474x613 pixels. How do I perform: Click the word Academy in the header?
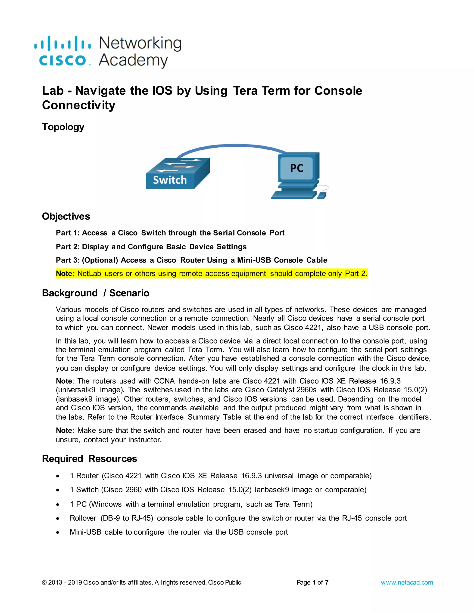pos(133,60)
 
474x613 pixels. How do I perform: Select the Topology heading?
pos(63,127)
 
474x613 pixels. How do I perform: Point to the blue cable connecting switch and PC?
pos(233,146)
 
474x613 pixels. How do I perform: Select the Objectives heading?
pos(66,217)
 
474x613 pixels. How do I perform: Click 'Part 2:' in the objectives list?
pos(68,247)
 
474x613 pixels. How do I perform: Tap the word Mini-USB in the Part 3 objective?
pos(254,260)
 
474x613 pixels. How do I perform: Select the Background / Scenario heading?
pos(96,293)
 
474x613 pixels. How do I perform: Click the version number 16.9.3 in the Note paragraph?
pos(390,381)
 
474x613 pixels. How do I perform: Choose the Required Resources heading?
pos(89,459)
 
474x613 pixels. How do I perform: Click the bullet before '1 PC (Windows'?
pos(58,505)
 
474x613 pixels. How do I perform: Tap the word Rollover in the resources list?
pos(83,518)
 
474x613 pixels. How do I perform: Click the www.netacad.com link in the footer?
pos(407,582)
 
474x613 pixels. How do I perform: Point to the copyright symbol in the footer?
pos(44,583)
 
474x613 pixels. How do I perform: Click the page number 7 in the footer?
pos(327,582)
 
